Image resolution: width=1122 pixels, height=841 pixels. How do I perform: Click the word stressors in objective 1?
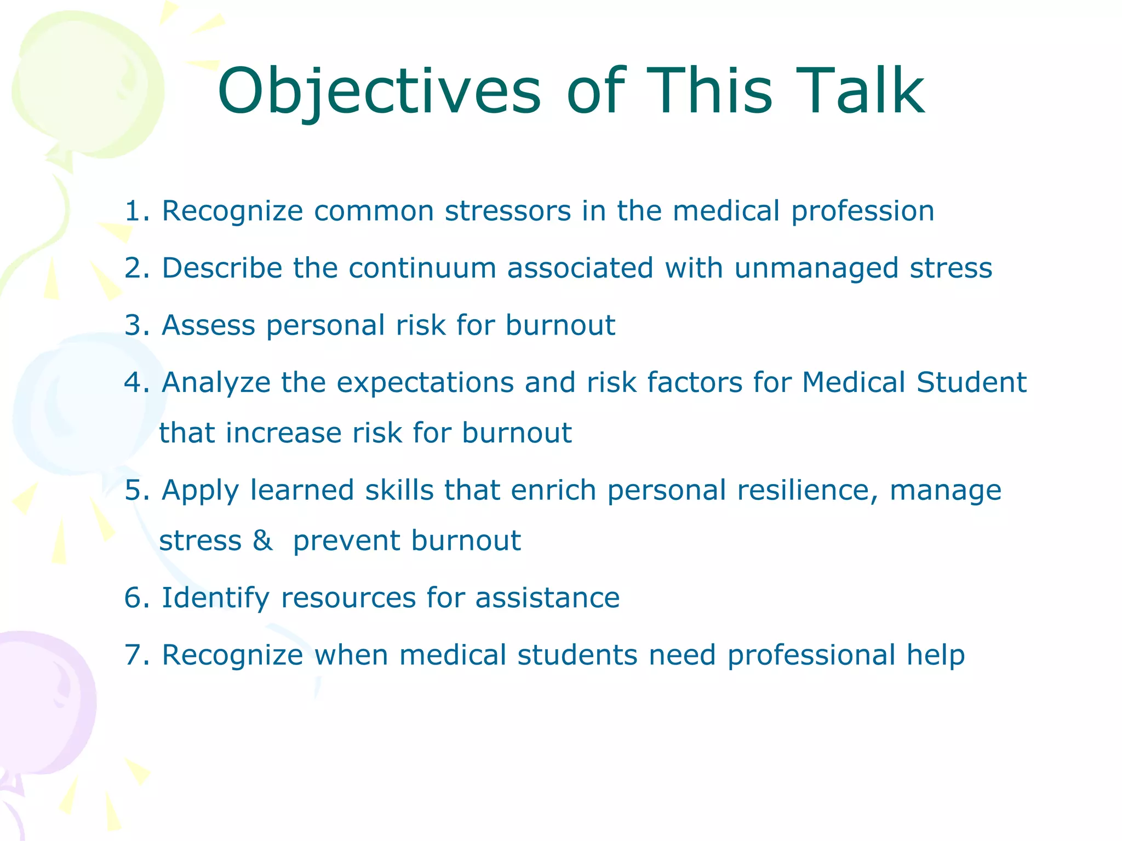[x=508, y=211]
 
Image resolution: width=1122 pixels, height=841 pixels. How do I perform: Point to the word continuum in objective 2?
[x=422, y=268]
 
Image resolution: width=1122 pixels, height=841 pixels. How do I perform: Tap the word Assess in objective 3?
[x=208, y=325]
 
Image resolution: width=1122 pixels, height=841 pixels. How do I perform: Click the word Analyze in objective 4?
[x=216, y=383]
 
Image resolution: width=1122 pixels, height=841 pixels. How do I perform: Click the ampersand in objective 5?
[x=262, y=541]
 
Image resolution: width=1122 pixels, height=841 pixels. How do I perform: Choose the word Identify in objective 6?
[x=215, y=598]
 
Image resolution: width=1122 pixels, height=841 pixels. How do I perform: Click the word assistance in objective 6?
[x=547, y=598]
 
